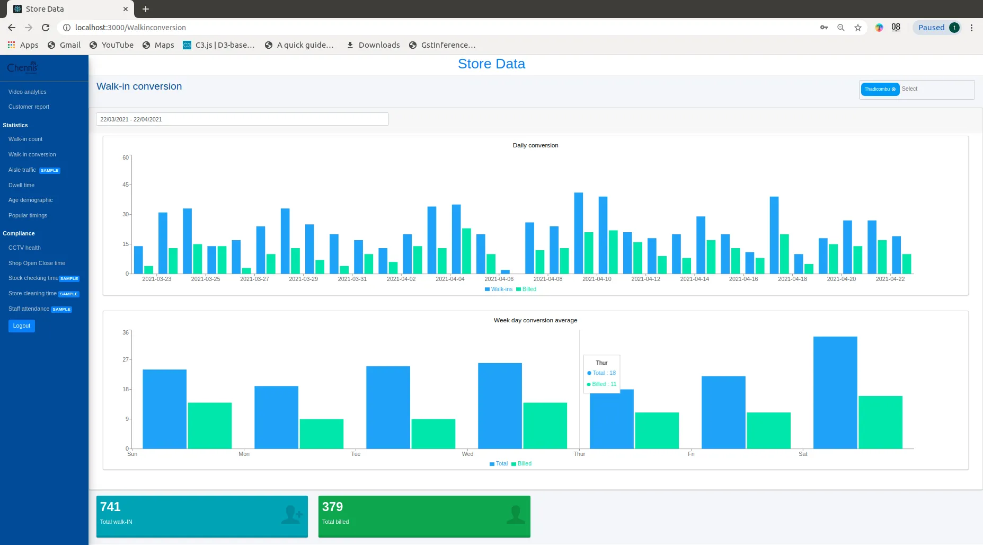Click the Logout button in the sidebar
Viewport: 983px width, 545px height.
click(x=22, y=326)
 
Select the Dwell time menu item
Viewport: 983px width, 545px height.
click(x=21, y=185)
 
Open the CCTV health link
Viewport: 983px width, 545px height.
click(x=24, y=248)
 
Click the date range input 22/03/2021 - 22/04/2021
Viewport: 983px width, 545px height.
click(x=242, y=119)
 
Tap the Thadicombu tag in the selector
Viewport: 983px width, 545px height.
click(x=877, y=89)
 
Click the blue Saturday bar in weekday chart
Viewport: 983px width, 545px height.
click(x=835, y=392)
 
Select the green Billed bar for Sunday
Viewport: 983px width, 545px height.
click(x=209, y=425)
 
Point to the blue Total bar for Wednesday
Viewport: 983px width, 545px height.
click(x=499, y=406)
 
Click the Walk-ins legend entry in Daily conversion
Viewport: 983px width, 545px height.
click(x=499, y=289)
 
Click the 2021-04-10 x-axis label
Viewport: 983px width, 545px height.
click(x=597, y=279)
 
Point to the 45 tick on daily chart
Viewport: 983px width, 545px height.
click(x=126, y=184)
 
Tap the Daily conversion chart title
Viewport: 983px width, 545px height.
click(x=535, y=145)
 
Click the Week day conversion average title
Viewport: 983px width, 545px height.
click(x=535, y=320)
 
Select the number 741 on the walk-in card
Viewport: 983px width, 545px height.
click(x=110, y=507)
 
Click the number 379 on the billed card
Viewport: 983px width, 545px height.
click(x=332, y=507)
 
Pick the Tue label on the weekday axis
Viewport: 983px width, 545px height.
click(x=356, y=454)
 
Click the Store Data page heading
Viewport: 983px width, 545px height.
click(x=491, y=64)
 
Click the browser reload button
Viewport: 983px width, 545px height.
click(x=46, y=28)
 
